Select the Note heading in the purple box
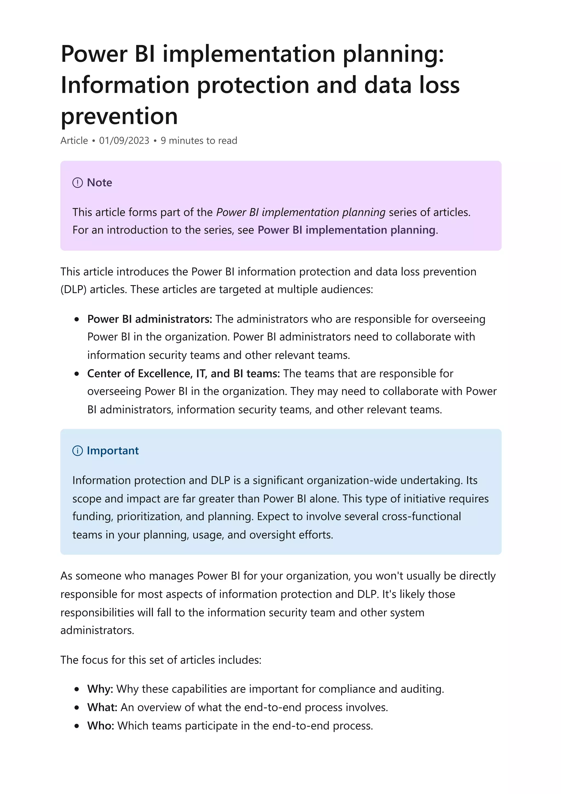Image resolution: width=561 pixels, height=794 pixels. (x=99, y=182)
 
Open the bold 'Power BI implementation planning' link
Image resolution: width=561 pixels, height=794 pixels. (x=346, y=230)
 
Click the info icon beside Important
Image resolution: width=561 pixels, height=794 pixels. (x=78, y=451)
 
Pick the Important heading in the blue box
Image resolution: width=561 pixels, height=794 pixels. (x=113, y=451)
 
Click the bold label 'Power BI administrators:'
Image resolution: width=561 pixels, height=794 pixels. (x=149, y=319)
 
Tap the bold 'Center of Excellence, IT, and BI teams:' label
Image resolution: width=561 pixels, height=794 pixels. (x=183, y=373)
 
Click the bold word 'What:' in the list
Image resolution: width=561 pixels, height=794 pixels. (x=102, y=707)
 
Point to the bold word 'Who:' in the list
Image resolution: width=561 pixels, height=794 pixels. (x=101, y=726)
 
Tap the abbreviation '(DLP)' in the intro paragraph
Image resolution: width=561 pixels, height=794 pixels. (x=73, y=289)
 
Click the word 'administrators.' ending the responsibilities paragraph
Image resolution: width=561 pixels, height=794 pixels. (x=97, y=630)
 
